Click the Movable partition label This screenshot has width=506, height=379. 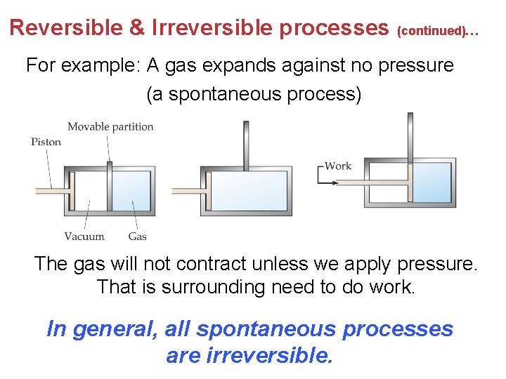pyautogui.click(x=110, y=126)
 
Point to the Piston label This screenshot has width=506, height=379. pyautogui.click(x=46, y=142)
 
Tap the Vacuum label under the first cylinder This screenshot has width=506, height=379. pyautogui.click(x=84, y=237)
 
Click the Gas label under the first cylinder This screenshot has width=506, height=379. pyautogui.click(x=137, y=237)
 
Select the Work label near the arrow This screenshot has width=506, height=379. pyautogui.click(x=338, y=166)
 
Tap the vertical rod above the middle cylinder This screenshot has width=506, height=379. pyautogui.click(x=246, y=144)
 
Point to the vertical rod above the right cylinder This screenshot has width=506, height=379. pyautogui.click(x=410, y=137)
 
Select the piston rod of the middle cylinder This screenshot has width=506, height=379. pyautogui.click(x=188, y=190)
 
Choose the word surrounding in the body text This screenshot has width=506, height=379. pyautogui.click(x=206, y=287)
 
